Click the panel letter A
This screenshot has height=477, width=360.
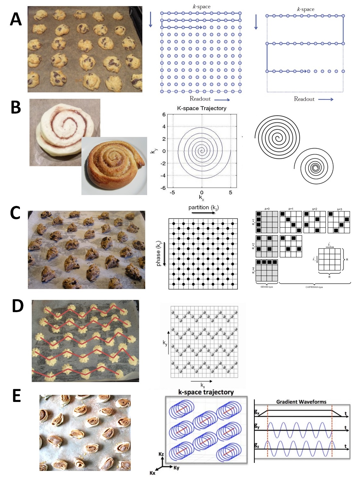16,19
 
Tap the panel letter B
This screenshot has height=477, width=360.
16,107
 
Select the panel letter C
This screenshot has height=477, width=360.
15,213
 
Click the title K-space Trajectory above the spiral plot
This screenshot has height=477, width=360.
202,108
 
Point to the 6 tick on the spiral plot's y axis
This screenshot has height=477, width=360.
164,115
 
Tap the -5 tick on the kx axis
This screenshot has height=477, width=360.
172,192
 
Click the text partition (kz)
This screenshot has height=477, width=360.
204,208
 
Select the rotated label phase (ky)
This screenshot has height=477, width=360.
158,253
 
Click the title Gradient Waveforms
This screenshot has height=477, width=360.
301,402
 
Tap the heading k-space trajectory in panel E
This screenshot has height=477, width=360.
206,392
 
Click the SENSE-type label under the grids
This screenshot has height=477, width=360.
267,287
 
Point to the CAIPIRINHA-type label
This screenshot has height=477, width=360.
314,287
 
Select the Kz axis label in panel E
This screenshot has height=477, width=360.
161,454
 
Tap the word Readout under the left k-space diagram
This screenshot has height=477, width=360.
200,99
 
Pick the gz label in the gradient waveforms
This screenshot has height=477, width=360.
257,445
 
